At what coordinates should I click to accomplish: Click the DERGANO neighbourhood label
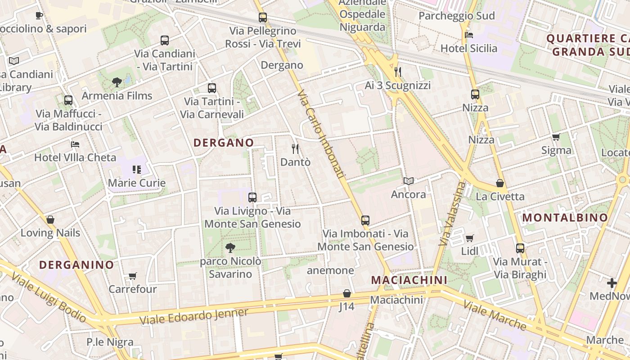click(x=224, y=143)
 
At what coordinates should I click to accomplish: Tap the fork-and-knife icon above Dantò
click(x=295, y=148)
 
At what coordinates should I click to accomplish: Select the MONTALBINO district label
click(x=565, y=218)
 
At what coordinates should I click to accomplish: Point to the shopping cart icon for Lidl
click(x=469, y=238)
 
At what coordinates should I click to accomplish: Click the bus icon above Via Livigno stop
click(x=252, y=197)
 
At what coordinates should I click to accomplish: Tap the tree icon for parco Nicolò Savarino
click(x=230, y=247)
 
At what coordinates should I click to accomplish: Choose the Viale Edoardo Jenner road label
click(x=193, y=317)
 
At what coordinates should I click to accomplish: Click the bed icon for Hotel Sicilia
click(x=468, y=35)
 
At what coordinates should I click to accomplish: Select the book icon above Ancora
click(x=408, y=181)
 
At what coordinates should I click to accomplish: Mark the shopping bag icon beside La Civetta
click(x=499, y=183)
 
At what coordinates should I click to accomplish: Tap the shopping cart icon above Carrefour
click(x=132, y=276)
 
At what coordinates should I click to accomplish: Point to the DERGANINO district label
click(x=76, y=265)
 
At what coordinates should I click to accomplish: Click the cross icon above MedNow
click(x=612, y=283)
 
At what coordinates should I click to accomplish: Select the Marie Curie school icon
click(x=137, y=170)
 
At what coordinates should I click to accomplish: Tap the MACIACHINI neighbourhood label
click(x=409, y=280)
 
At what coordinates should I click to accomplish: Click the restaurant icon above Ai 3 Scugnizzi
click(x=397, y=72)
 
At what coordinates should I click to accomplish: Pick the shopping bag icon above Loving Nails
click(x=50, y=220)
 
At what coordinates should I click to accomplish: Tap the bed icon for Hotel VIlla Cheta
click(x=75, y=144)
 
